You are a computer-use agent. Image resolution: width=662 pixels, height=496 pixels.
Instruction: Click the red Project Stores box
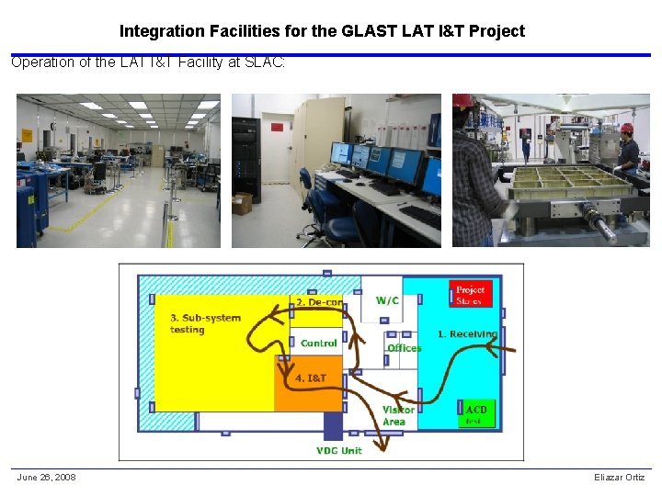click(x=470, y=294)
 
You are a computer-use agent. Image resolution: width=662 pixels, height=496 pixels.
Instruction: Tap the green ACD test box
click(x=475, y=414)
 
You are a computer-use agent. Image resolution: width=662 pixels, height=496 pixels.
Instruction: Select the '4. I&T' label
click(x=311, y=378)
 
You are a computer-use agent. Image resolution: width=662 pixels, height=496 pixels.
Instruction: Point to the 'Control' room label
click(x=319, y=344)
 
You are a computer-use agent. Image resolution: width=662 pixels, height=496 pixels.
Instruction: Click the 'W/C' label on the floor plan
click(x=387, y=300)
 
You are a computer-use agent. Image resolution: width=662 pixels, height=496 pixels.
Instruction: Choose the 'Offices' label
click(x=404, y=348)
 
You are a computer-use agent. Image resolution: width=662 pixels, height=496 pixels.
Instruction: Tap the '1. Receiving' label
click(x=467, y=333)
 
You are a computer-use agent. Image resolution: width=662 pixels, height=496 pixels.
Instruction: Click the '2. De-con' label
click(x=318, y=301)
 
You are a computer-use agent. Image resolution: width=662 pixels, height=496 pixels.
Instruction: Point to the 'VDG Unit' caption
click(x=339, y=450)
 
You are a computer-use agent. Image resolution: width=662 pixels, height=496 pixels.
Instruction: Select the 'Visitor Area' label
click(x=397, y=416)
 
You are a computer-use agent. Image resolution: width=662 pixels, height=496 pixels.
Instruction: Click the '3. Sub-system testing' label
click(x=205, y=323)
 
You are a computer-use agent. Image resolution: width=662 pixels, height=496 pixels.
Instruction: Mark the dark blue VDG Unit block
click(x=332, y=425)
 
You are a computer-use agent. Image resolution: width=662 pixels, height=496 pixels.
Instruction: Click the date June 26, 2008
click(x=46, y=477)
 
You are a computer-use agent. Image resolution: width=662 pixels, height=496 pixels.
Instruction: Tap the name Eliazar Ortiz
click(x=620, y=477)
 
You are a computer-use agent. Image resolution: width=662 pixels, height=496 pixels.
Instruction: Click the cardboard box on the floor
click(x=243, y=203)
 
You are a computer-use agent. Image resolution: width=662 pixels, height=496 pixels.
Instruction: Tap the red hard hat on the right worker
click(x=628, y=128)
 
